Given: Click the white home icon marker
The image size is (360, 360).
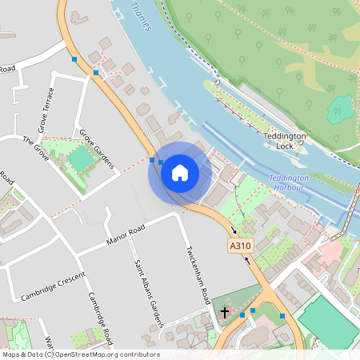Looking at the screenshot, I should coord(180,172).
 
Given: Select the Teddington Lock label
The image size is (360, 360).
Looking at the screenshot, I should coord(285,142).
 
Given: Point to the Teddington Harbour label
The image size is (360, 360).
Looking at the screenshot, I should coord(286,182).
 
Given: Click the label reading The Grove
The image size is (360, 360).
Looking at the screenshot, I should coord(37,150).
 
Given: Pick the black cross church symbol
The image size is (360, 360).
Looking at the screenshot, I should coord(225,312).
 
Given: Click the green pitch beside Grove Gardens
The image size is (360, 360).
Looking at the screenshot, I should coord(80,159).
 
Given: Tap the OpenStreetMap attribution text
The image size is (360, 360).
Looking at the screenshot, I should coord(80,354).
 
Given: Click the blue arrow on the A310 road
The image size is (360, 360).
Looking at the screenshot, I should coord(247,258).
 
